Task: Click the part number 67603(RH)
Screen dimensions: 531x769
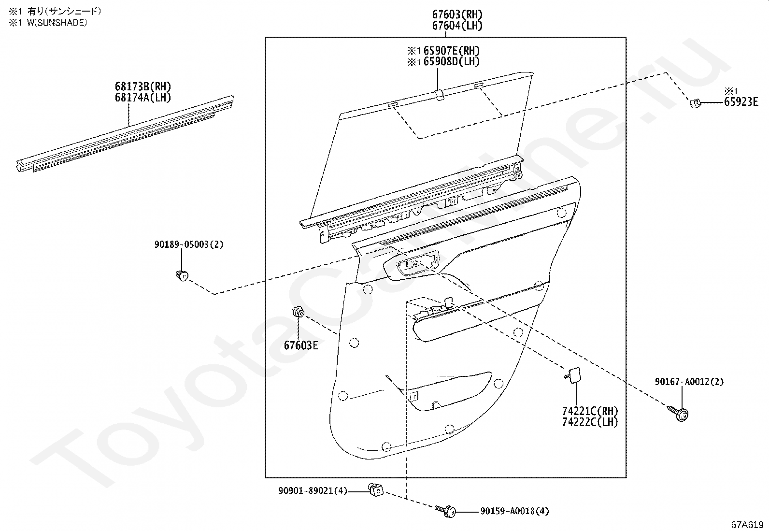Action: point(457,14)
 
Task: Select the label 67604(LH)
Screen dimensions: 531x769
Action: point(457,26)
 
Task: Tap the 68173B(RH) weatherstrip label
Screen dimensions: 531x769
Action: point(143,87)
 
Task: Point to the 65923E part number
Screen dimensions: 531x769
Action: point(741,101)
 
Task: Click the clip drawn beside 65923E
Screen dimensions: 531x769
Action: point(695,103)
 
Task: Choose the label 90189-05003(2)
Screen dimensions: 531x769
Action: point(189,244)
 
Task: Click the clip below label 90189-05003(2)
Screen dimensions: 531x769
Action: point(182,276)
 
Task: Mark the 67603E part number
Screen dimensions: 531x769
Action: point(300,345)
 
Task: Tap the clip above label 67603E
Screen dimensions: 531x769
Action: point(298,313)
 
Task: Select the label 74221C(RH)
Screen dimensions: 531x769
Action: point(590,411)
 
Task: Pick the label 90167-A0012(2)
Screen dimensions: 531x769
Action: point(689,382)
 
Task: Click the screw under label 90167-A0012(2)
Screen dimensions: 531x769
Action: point(680,413)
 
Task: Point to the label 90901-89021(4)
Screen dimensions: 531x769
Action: point(313,491)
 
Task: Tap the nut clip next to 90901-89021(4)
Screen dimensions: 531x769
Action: point(375,489)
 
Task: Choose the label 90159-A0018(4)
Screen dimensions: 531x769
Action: point(514,511)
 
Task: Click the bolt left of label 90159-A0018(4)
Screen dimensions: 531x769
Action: point(447,510)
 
